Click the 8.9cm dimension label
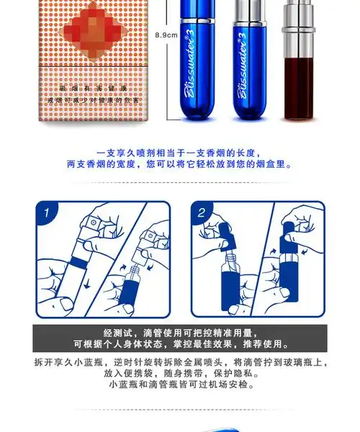[x=166, y=35]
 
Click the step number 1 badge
[x=47, y=213]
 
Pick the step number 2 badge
[x=202, y=213]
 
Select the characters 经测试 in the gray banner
[x=117, y=332]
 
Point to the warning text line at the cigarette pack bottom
[x=87, y=99]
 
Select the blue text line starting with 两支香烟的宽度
[x=179, y=164]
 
